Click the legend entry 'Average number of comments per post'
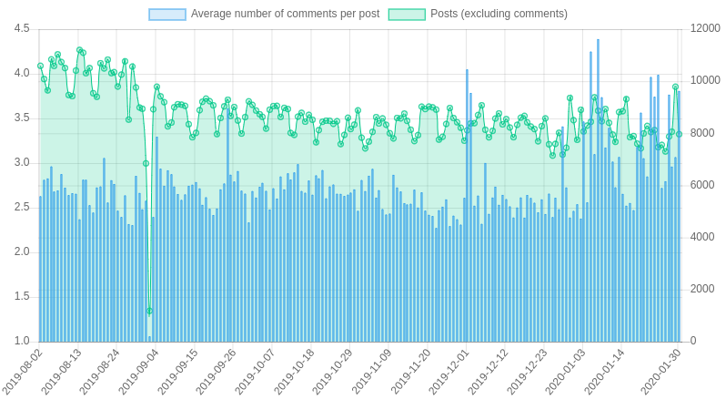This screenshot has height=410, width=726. (285, 14)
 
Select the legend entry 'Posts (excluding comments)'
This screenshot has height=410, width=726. (499, 14)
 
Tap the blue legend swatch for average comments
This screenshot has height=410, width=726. (167, 14)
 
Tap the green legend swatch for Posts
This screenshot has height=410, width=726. (407, 14)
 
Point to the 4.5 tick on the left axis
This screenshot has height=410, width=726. (21, 29)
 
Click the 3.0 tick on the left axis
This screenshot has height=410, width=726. (21, 163)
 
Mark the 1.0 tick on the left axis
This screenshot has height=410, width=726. (21, 342)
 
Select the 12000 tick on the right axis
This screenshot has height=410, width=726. (705, 29)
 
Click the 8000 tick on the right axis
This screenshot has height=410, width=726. (705, 133)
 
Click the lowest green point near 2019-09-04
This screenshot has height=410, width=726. (149, 311)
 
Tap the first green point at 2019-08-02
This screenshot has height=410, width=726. (40, 66)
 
